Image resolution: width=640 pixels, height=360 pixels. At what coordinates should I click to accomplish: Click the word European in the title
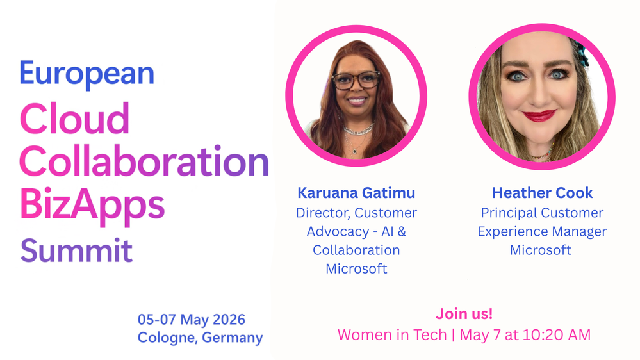click(x=87, y=74)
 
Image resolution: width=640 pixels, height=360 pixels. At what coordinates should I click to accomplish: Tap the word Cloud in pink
click(x=74, y=119)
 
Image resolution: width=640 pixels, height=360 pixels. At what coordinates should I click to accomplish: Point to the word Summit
click(x=76, y=250)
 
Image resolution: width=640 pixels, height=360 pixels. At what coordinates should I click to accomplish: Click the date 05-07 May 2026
click(x=192, y=319)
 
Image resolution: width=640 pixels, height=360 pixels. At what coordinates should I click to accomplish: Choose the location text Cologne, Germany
click(x=200, y=338)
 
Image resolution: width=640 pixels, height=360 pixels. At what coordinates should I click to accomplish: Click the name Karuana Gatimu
click(x=356, y=193)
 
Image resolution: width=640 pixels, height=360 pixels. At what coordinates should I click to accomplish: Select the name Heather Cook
click(x=542, y=193)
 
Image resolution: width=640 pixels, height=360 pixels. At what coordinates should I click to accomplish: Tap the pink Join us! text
click(x=464, y=313)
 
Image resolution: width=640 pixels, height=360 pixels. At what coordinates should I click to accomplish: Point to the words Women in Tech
click(x=392, y=334)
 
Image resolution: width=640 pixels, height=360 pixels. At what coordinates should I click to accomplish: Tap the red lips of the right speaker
click(x=539, y=116)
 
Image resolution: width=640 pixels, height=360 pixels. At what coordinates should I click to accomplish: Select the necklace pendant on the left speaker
click(x=355, y=151)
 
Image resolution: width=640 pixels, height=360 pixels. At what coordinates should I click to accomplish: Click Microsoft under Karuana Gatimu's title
click(x=356, y=268)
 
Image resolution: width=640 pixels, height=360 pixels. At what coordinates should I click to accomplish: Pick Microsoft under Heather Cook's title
click(x=541, y=250)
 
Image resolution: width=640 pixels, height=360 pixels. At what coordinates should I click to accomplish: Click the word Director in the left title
click(x=323, y=213)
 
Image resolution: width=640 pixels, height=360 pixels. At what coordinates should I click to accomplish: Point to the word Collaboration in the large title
click(x=144, y=161)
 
